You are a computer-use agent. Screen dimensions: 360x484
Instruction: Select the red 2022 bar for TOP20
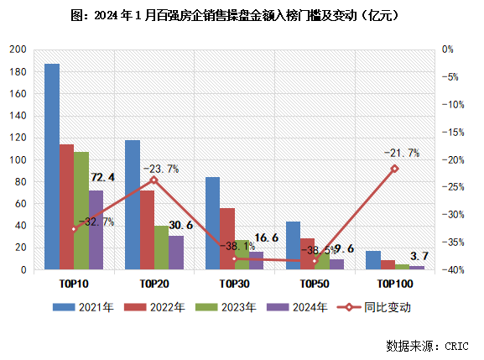(x=147, y=230)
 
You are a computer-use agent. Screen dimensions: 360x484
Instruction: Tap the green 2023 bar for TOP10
(x=81, y=211)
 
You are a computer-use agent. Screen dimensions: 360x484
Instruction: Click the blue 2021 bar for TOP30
(x=212, y=223)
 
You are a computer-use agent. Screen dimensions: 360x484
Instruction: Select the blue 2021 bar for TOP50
(x=293, y=245)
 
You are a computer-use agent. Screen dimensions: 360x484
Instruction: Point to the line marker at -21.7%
(x=394, y=169)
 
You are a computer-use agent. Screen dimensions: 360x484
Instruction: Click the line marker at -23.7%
(x=154, y=180)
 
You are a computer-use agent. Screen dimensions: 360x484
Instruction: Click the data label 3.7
(x=420, y=255)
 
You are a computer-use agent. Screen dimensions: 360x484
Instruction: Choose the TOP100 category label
(x=394, y=284)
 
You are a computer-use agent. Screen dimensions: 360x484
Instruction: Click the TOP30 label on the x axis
(x=234, y=284)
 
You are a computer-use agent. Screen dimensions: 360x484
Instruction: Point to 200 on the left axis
(x=17, y=50)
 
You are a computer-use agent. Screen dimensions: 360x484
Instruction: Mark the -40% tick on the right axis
(x=453, y=269)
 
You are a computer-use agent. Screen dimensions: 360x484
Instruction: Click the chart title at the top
(x=242, y=15)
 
